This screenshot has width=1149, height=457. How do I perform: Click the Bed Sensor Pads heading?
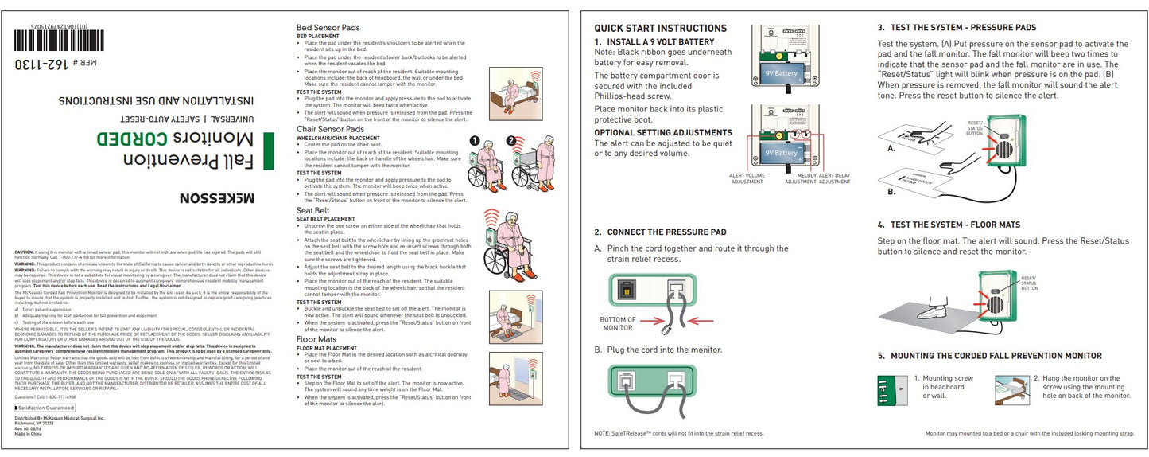(328, 28)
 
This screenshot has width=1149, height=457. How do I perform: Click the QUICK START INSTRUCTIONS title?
(660, 28)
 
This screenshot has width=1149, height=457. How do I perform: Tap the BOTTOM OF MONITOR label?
(619, 324)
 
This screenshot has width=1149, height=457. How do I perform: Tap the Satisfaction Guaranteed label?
(45, 408)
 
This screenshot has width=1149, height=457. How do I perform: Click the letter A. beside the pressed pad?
(891, 148)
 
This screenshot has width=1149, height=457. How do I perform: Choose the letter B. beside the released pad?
(891, 191)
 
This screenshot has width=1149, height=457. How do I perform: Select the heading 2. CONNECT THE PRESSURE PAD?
(660, 232)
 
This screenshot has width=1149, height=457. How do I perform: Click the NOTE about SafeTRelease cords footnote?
(678, 433)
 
